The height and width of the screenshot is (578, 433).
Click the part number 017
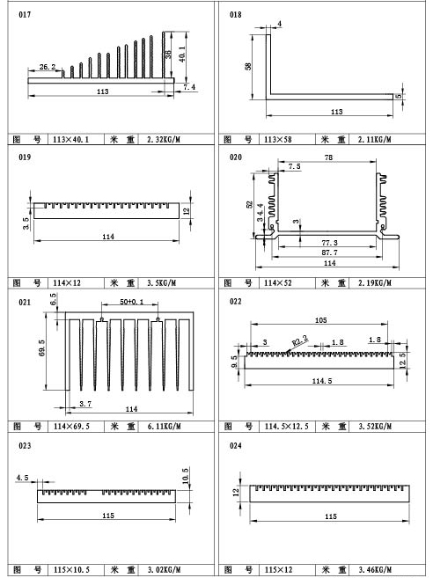pyautogui.click(x=25, y=14)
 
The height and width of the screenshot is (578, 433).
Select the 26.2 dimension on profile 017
pyautogui.click(x=48, y=67)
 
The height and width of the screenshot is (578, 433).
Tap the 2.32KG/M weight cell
pyautogui.click(x=164, y=139)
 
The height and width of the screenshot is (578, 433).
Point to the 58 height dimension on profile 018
pyautogui.click(x=248, y=66)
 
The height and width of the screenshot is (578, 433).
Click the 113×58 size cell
pyautogui.click(x=278, y=139)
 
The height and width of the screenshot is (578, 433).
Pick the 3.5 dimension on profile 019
pyautogui.click(x=26, y=223)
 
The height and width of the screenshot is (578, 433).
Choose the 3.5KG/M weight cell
pyautogui.click(x=161, y=282)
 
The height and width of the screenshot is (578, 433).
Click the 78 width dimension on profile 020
pyautogui.click(x=328, y=157)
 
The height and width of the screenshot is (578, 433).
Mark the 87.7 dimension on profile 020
pyautogui.click(x=329, y=252)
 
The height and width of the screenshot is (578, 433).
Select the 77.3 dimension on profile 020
pyautogui.click(x=329, y=243)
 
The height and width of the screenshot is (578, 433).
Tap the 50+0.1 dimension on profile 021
pyautogui.click(x=132, y=302)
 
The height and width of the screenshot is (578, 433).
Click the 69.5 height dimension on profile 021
pyautogui.click(x=42, y=348)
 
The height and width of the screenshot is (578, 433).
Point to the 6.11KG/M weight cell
pyautogui.click(x=164, y=426)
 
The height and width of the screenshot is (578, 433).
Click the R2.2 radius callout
pyautogui.click(x=300, y=340)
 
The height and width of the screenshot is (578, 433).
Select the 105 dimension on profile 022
pyautogui.click(x=320, y=320)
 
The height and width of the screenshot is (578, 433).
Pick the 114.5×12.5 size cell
pyautogui.click(x=287, y=426)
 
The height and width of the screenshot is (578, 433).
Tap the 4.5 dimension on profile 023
pyautogui.click(x=22, y=478)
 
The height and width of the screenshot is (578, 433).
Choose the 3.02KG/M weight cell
pyautogui.click(x=164, y=569)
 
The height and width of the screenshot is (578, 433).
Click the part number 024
pyautogui.click(x=236, y=446)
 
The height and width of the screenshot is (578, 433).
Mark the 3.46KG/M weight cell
pyautogui.click(x=375, y=569)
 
